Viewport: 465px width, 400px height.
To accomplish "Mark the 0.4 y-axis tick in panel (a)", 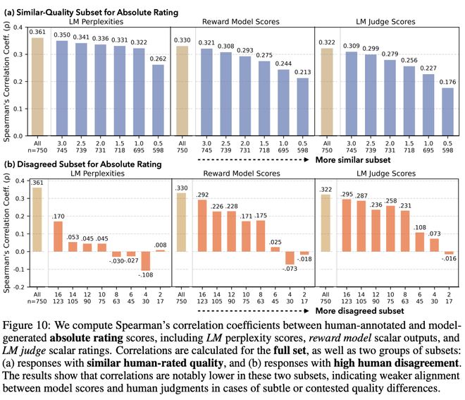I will click(x=22, y=26).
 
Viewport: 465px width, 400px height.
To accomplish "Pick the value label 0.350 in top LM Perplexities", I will click(x=62, y=34).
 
